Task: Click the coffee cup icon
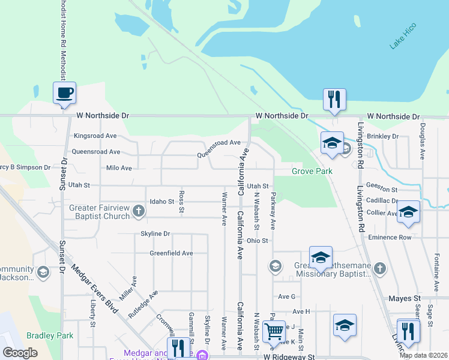64,93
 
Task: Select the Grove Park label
312,171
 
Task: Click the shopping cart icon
274,330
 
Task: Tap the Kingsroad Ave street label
95,136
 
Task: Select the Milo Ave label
118,168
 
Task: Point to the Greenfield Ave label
171,253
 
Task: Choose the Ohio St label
257,241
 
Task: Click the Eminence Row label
394,238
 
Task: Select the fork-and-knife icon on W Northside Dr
334,98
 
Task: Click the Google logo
20,353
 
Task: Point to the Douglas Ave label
423,142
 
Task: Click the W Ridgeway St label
289,356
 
